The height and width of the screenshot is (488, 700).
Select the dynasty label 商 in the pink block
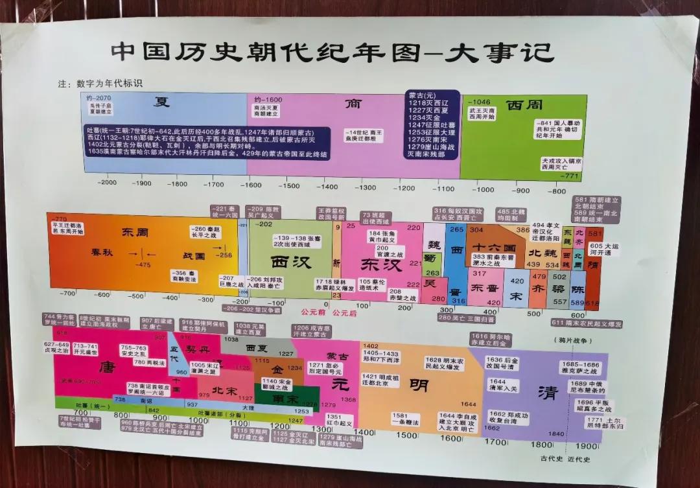click(353, 104)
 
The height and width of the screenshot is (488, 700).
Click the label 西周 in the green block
click(524, 105)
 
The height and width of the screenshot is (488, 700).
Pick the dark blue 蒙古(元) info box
click(433, 124)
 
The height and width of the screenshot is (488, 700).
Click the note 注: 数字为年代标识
click(100, 84)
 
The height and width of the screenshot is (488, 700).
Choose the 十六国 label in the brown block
click(494, 248)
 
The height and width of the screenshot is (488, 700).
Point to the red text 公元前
click(313, 312)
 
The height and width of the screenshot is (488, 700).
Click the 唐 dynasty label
click(108, 367)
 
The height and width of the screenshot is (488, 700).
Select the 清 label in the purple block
click(548, 393)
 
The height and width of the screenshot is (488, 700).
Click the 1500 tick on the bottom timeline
click(406, 435)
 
